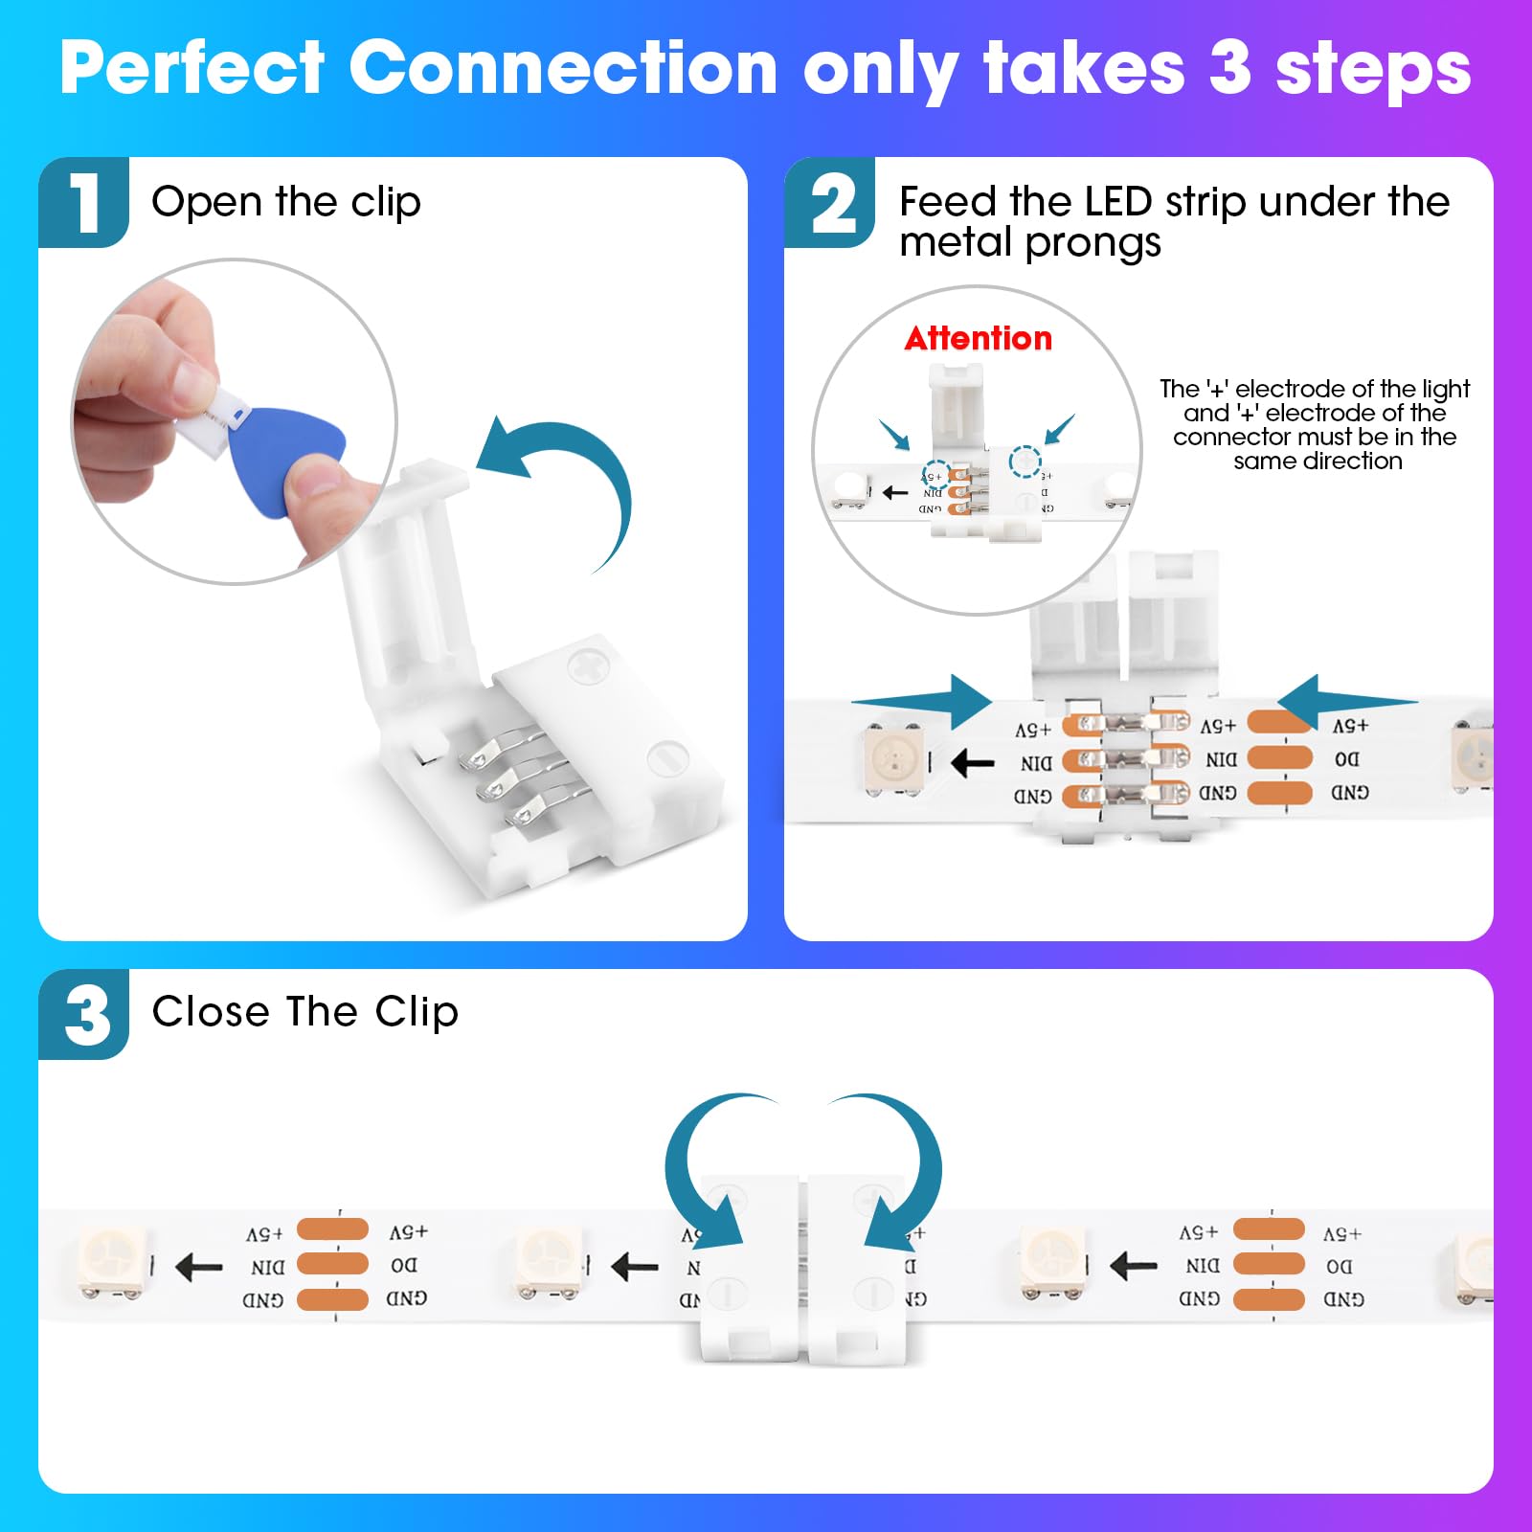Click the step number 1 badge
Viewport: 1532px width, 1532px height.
pyautogui.click(x=84, y=202)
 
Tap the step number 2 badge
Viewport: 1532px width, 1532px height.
pyautogui.click(x=831, y=203)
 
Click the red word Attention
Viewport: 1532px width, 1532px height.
pyautogui.click(x=978, y=338)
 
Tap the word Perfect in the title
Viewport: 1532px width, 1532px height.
pyautogui.click(x=192, y=69)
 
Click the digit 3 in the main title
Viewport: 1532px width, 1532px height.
pyautogui.click(x=1229, y=69)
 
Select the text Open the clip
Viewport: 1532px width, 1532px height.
pyautogui.click(x=285, y=202)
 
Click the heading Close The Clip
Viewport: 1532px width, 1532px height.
pyautogui.click(x=304, y=1012)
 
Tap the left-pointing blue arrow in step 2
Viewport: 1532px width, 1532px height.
pyautogui.click(x=1346, y=702)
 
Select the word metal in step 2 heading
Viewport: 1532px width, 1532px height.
pyautogui.click(x=957, y=242)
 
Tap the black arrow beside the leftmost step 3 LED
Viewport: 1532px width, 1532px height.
pyautogui.click(x=199, y=1267)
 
